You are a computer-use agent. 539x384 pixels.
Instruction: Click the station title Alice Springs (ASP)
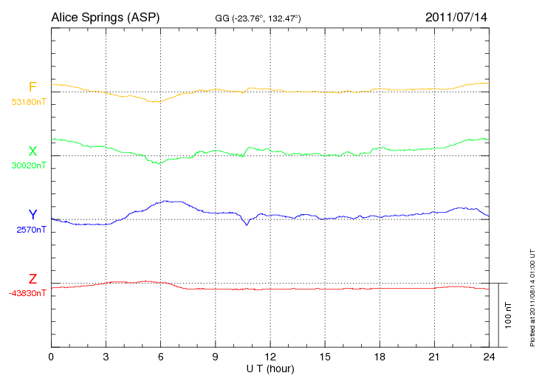point(105,16)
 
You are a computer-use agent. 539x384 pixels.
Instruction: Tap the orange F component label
point(32,88)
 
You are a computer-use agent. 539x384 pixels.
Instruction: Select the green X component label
point(32,151)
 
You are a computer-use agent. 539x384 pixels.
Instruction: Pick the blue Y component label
point(32,215)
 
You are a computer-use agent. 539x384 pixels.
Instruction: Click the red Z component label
point(32,278)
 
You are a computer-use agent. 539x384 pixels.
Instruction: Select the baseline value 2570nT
point(31,230)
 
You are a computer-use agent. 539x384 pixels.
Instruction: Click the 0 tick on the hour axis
point(51,357)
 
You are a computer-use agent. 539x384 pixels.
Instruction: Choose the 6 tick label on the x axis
point(160,357)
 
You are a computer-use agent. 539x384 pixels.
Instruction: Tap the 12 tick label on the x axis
point(270,357)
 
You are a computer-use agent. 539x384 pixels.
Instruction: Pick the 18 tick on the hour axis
point(380,357)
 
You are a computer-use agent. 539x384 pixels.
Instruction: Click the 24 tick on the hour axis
point(489,357)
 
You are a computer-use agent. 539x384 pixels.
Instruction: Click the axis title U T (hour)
point(270,368)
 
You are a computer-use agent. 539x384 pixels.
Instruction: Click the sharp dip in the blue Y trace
point(247,224)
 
